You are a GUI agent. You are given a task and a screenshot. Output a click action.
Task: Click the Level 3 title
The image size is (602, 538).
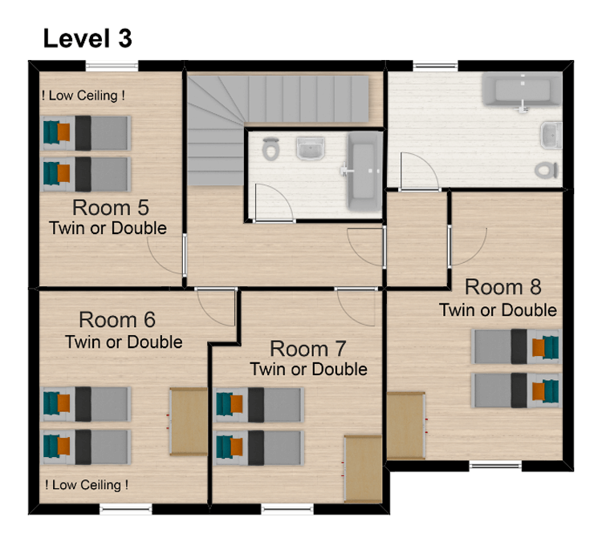[x=87, y=38]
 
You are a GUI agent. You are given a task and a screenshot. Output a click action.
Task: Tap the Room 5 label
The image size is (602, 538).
[x=110, y=208]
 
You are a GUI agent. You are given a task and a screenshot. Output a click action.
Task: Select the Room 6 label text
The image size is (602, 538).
[x=118, y=320]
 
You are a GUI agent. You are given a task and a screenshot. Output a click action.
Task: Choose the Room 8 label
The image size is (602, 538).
[x=503, y=287]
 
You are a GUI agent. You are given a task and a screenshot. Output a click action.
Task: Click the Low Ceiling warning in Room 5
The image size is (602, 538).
[x=83, y=95]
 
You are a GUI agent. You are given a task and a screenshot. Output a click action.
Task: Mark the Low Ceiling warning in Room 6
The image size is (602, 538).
[x=87, y=484]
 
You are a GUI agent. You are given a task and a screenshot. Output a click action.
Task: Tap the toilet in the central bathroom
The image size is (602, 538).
[x=271, y=148]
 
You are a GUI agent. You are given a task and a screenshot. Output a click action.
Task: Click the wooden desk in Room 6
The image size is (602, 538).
[x=189, y=420]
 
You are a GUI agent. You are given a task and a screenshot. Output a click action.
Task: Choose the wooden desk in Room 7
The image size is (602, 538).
[x=362, y=469]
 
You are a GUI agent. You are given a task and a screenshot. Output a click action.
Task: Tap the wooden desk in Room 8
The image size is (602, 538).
[x=405, y=425]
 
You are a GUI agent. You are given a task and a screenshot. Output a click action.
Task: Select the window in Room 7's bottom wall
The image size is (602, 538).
[x=287, y=508]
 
